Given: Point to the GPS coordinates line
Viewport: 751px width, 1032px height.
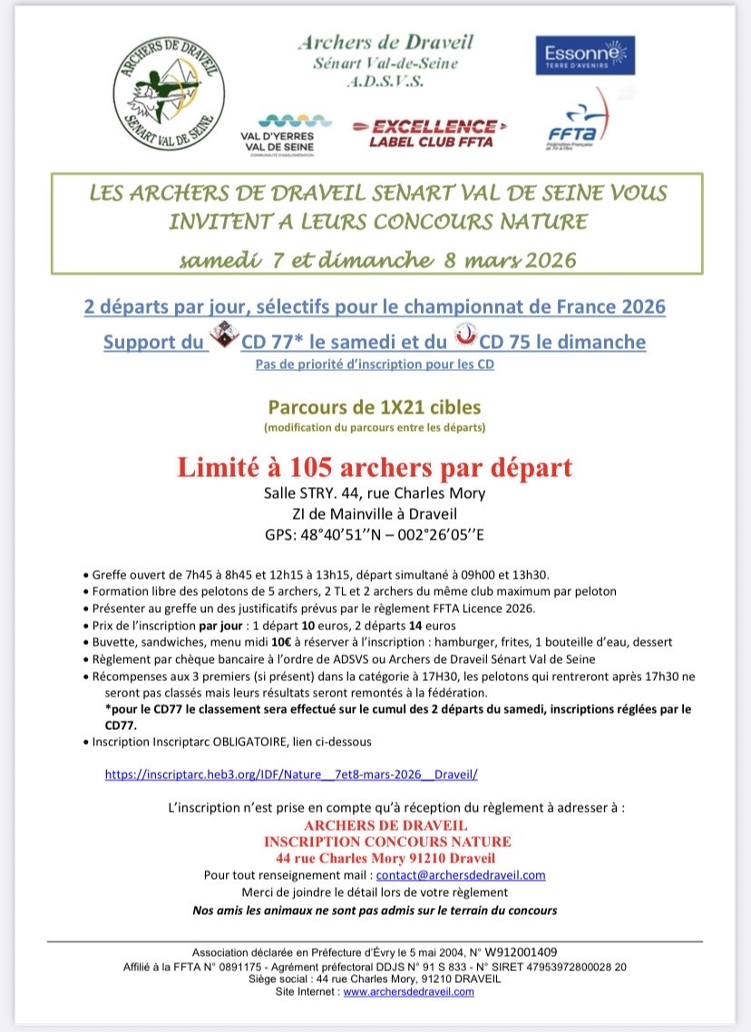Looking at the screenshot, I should (375, 533).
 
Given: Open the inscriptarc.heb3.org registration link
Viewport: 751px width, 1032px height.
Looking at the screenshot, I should (291, 774).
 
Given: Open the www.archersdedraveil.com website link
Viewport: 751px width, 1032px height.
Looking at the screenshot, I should (409, 992).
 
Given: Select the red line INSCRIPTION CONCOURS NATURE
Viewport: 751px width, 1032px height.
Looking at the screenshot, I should (387, 842).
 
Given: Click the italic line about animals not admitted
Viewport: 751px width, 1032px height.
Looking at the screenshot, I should (375, 910).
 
